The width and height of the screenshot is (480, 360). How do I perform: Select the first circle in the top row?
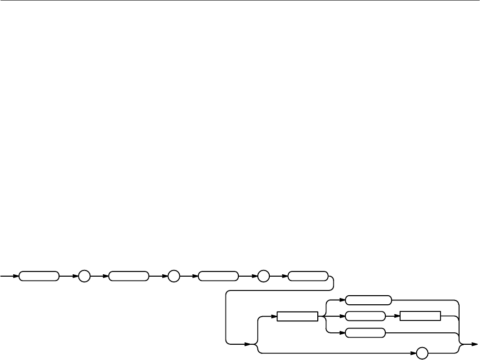tap(84, 276)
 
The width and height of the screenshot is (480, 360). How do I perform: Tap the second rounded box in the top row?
tap(128, 276)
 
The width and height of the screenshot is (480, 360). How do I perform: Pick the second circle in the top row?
tap(174, 276)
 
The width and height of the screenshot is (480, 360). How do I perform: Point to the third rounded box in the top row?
tap(218, 276)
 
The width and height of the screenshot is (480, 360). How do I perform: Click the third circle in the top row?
tap(263, 276)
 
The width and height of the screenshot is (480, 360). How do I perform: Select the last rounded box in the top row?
tap(308, 276)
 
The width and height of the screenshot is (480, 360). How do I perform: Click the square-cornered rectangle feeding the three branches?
tap(297, 316)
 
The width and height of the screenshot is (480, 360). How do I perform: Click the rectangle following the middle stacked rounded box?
tap(421, 316)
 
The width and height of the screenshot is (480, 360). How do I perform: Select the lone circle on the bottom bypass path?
tap(422, 353)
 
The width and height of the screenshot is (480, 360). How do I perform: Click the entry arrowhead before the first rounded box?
tap(16, 276)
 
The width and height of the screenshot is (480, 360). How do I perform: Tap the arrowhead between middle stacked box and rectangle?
tap(397, 316)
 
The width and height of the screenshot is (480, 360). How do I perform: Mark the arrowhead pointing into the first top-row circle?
tap(76, 276)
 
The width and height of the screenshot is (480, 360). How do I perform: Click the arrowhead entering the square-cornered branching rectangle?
tap(274, 316)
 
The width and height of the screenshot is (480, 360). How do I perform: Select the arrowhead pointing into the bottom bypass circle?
tap(414, 353)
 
